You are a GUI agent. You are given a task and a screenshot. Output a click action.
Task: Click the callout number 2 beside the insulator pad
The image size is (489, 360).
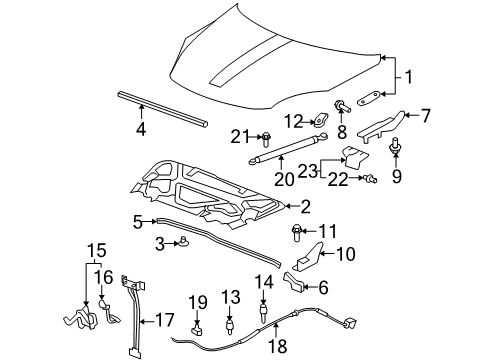[305, 207]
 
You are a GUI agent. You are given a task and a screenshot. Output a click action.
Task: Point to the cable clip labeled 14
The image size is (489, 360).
[264, 311]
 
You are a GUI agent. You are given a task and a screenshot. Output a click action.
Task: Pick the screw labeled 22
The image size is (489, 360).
[371, 179]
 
